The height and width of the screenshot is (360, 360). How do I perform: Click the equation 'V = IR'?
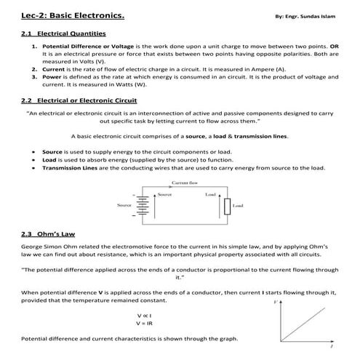click(x=143, y=322)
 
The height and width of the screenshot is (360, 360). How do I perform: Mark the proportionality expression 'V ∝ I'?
click(x=143, y=315)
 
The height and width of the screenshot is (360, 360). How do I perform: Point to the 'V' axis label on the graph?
click(x=276, y=300)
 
